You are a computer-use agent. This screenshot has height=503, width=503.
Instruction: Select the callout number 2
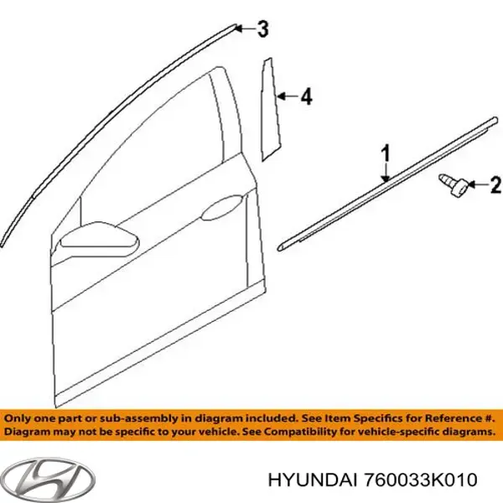point(495,183)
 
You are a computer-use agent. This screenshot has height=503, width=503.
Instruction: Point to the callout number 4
point(306,98)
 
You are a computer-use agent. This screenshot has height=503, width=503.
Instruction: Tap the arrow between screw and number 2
point(476,183)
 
